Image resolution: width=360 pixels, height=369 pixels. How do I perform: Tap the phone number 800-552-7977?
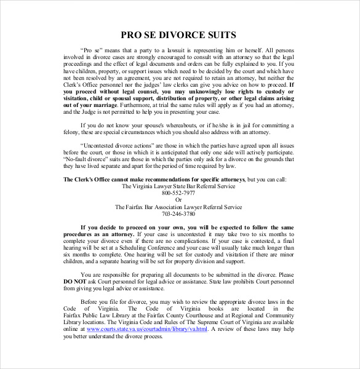click(x=178, y=192)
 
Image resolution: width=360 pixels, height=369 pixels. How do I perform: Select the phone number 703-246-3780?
click(x=178, y=214)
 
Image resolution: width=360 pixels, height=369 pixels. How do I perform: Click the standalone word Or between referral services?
click(x=178, y=200)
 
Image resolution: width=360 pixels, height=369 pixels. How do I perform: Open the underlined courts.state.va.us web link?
click(x=146, y=329)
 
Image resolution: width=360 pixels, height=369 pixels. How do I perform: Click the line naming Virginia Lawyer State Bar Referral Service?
click(x=178, y=186)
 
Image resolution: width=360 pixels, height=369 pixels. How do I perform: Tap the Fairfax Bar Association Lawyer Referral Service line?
click(x=178, y=207)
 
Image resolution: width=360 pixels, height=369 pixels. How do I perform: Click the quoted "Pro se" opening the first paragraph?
click(x=90, y=50)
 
